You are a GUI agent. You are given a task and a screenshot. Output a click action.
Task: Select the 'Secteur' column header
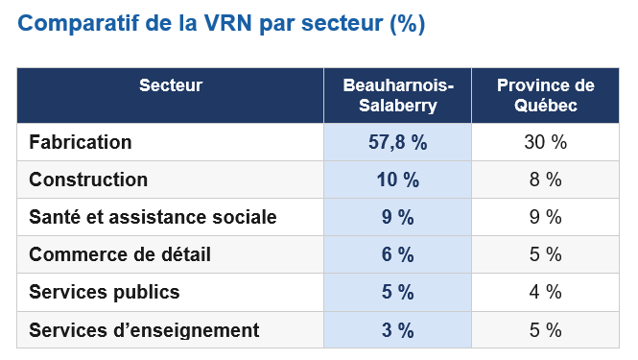point(171,85)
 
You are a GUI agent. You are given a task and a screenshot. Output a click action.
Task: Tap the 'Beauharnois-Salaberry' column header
point(398,95)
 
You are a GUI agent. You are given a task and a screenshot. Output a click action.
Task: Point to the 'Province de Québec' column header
point(546,95)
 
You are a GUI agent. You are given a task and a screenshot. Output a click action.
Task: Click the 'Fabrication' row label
point(81,142)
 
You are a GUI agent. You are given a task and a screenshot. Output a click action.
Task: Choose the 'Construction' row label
point(88,180)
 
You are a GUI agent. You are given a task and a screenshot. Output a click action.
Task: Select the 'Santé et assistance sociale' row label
point(153,217)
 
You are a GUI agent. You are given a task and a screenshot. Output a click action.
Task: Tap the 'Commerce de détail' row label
point(120,254)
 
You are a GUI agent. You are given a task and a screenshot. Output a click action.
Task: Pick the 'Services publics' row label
point(105,292)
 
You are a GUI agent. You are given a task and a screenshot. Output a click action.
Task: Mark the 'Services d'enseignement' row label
point(144,330)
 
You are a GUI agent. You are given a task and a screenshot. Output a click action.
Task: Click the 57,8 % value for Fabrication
point(397,142)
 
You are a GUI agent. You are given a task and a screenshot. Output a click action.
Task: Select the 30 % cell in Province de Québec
point(546,142)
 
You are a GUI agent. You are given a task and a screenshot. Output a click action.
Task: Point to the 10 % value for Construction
point(397,180)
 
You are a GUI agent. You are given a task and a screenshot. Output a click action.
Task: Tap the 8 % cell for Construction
point(546,180)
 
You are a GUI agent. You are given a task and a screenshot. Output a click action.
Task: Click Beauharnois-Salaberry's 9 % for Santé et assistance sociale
point(397,217)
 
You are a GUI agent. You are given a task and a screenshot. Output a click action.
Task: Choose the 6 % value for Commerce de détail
point(397,254)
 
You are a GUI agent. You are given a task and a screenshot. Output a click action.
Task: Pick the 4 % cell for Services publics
point(546,292)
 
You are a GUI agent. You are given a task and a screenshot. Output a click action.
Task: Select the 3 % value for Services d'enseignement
point(397,330)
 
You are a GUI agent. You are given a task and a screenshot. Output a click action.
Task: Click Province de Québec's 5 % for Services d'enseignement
point(546,330)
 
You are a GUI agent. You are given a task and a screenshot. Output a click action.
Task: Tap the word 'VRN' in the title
point(228,23)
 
